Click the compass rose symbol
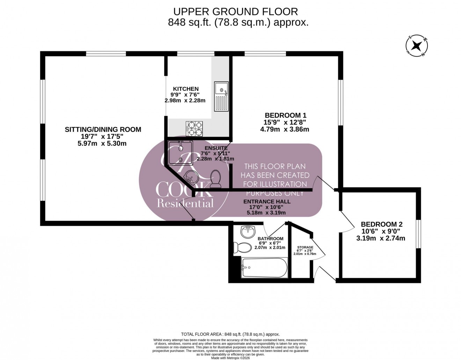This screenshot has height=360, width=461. point(416,46)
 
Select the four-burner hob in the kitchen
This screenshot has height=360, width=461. point(195,128)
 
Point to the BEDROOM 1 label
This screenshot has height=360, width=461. point(285,115)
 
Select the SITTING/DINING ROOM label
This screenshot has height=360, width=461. point(103,130)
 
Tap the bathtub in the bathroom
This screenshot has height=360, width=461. point(264,268)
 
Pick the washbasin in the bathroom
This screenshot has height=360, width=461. point(248,231)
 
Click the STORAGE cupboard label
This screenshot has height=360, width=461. point(305,247)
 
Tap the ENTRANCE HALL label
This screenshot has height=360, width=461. point(266,202)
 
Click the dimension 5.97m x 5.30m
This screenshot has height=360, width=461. point(103,143)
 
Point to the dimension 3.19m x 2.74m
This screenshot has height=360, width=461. point(381,238)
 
